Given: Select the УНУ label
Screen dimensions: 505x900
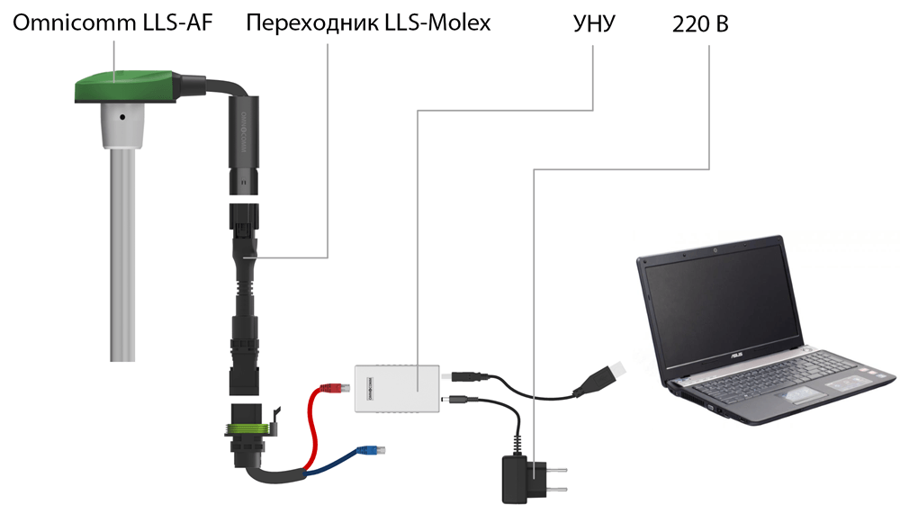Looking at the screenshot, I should click(x=594, y=23).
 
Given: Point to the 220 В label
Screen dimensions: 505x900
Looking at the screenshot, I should click(x=700, y=24).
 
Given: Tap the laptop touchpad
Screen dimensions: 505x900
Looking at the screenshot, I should click(x=792, y=397).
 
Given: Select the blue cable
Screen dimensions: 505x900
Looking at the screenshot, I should click(x=324, y=463).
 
